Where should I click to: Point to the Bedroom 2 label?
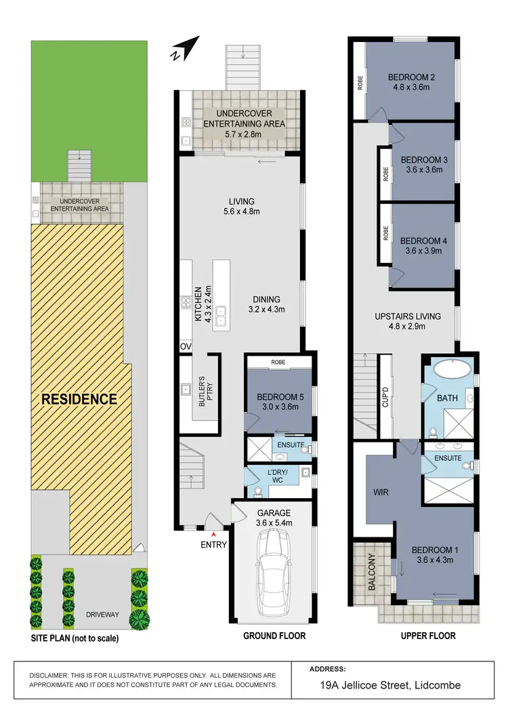point(411,77)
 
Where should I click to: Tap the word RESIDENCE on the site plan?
point(80,398)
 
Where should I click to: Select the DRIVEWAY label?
point(102,615)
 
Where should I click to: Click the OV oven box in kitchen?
point(186,347)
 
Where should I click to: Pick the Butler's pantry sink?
point(186,390)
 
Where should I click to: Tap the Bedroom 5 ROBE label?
point(278,363)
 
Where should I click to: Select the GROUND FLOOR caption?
point(274,636)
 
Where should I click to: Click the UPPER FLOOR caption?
point(427,636)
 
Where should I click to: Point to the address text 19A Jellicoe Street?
point(391,685)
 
